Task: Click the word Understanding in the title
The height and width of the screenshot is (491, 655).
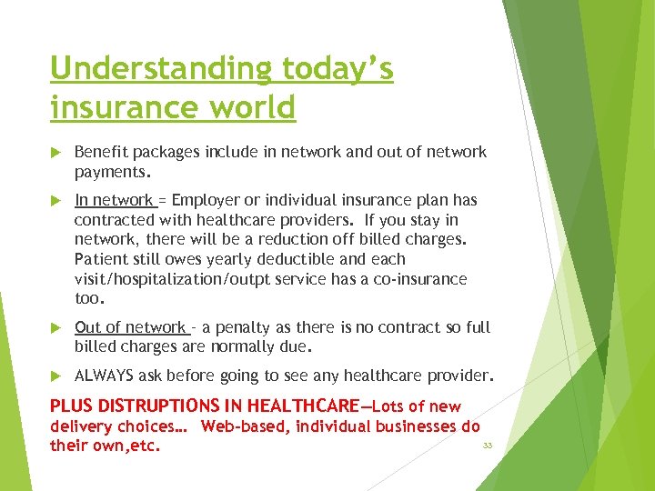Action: pos(161,70)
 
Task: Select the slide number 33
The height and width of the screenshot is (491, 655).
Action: pos(488,446)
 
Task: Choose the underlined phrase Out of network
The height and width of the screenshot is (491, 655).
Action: pos(130,327)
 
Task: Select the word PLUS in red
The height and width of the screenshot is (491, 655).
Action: pos(71,406)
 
